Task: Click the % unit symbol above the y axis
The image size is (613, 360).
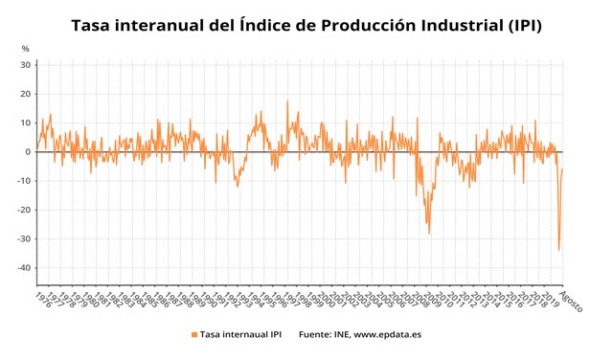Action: pyautogui.click(x=25, y=48)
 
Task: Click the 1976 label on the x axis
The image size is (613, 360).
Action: pyautogui.click(x=43, y=298)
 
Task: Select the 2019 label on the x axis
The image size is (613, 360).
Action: pyautogui.click(x=549, y=298)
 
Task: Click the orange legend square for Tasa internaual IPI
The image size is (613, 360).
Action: pyautogui.click(x=194, y=334)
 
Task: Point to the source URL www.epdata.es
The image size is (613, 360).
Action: pyautogui.click(x=387, y=334)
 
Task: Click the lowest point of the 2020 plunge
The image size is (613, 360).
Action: pyautogui.click(x=558, y=250)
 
